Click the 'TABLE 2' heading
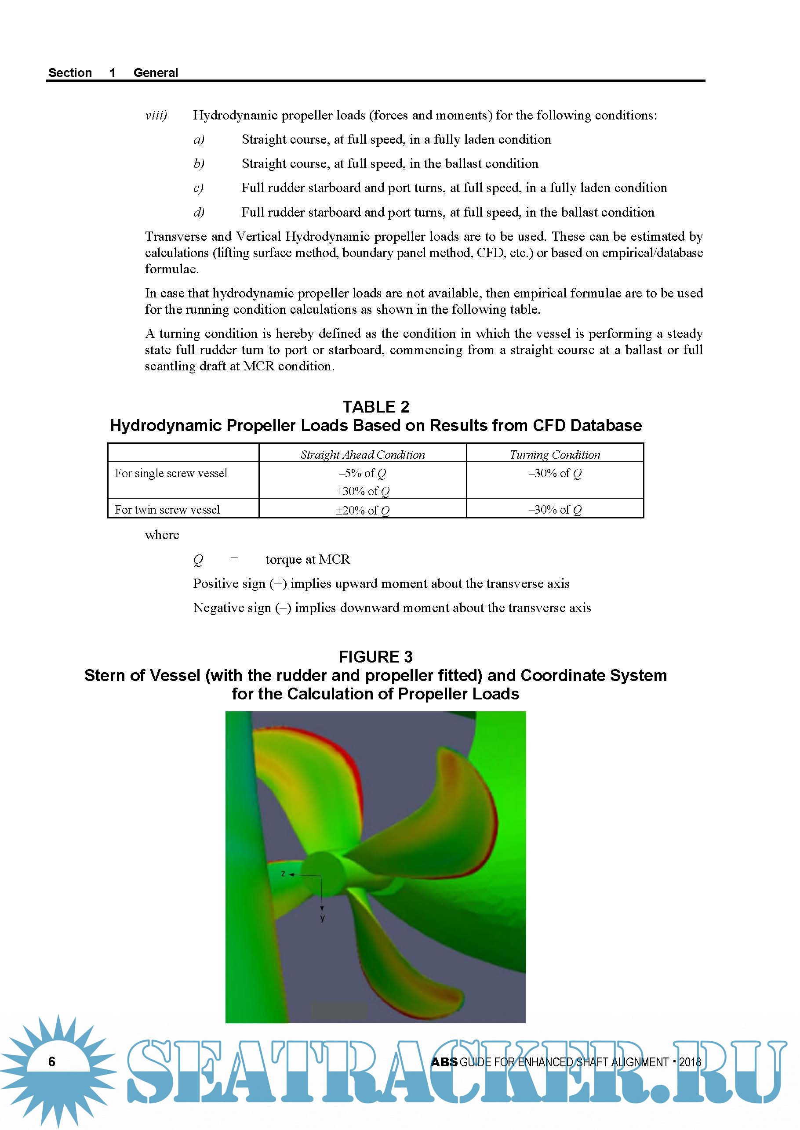tap(376, 407)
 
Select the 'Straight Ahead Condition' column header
tap(363, 454)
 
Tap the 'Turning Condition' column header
tap(555, 454)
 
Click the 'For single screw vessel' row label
tap(171, 473)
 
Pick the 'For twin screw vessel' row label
tap(167, 510)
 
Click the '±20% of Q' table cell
tap(363, 510)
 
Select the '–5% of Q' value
tap(363, 473)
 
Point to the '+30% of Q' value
tap(363, 491)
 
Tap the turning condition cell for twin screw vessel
tap(555, 510)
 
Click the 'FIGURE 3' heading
tap(375, 657)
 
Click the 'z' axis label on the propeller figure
tap(283, 874)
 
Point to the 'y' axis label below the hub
tap(322, 918)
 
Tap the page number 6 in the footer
tap(52, 1061)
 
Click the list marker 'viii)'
tap(156, 115)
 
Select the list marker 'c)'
tap(199, 188)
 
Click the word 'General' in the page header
tap(156, 73)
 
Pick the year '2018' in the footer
tap(690, 1062)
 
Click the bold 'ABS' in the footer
tap(444, 1062)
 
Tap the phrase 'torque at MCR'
tap(307, 559)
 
